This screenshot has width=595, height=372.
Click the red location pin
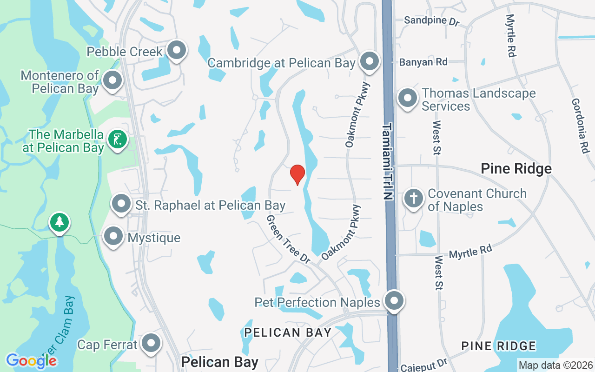(x=297, y=174)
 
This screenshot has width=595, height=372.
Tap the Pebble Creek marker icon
(x=177, y=50)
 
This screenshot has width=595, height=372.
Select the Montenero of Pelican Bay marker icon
(x=112, y=81)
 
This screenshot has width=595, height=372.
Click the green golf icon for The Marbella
(x=117, y=139)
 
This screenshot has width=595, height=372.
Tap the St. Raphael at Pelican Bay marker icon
(x=121, y=204)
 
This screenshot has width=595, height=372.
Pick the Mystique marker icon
(x=113, y=237)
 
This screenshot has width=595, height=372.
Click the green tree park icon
(x=59, y=222)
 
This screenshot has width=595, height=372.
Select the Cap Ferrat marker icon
(x=151, y=344)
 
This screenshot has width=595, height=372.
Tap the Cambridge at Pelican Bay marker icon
(x=370, y=61)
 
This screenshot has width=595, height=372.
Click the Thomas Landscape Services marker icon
(x=408, y=99)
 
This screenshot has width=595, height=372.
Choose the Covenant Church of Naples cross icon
(x=413, y=199)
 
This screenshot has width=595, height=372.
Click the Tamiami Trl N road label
(x=388, y=161)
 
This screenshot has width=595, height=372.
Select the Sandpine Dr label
(x=431, y=20)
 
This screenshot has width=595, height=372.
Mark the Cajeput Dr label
(x=430, y=364)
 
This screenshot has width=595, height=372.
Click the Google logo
(x=31, y=360)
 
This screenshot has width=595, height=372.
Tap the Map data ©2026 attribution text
(x=556, y=365)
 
